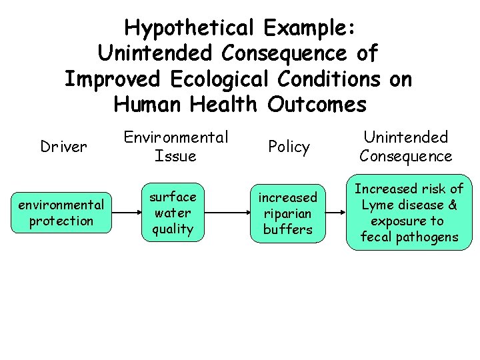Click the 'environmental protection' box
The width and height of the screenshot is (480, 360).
tap(61, 213)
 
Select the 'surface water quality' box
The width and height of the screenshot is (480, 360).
tap(173, 213)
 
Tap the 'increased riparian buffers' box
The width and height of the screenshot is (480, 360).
tap(288, 213)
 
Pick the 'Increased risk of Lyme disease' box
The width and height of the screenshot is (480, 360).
tap(409, 213)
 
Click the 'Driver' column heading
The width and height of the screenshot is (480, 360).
tap(63, 147)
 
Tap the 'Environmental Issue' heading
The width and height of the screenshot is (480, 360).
tap(175, 147)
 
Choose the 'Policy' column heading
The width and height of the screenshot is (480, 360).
tap(289, 147)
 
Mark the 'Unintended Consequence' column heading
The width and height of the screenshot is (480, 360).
tap(405, 147)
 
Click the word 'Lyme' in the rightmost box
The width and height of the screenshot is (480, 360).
tap(375, 205)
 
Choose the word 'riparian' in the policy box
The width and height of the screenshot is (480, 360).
tap(288, 213)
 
